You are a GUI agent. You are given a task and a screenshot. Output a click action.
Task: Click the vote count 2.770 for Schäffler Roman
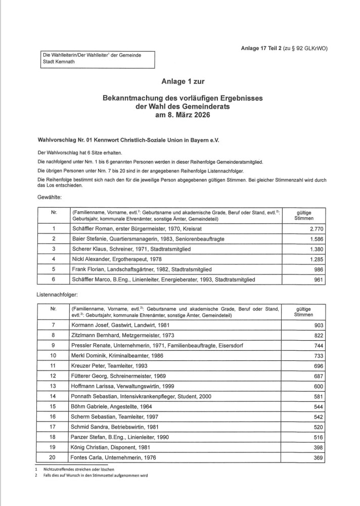point(315,228)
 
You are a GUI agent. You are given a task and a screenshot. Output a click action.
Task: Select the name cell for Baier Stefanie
point(138,239)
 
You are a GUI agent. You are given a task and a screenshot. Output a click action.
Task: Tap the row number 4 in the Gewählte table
point(54,259)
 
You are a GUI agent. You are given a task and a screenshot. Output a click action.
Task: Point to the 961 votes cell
point(317,280)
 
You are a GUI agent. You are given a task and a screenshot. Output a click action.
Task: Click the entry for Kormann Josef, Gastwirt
point(115,325)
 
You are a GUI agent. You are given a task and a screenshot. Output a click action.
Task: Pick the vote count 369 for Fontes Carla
point(317,457)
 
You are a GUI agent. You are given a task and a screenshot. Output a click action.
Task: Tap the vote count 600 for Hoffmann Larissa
point(317,386)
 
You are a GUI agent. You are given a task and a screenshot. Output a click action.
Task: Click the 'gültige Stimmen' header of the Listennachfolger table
point(303,311)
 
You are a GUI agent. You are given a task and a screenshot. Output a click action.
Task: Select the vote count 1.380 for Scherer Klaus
point(315,249)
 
